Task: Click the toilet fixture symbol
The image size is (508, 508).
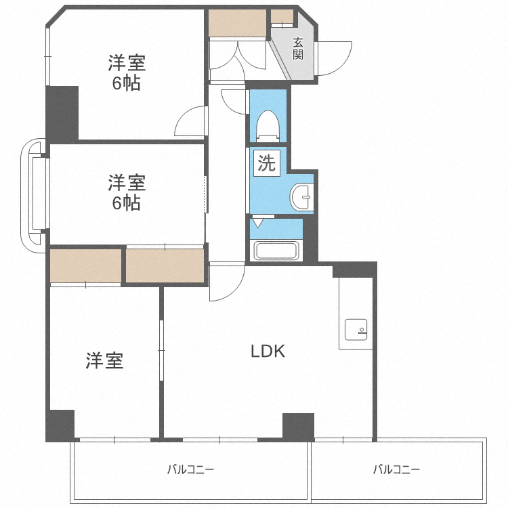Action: point(268,126)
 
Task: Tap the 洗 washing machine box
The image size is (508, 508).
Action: point(267,163)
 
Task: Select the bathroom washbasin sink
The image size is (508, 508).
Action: point(302,196)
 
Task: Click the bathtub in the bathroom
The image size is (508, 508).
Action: point(276,251)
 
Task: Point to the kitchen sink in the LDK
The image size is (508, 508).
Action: point(356,330)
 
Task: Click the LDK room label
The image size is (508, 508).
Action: point(268,351)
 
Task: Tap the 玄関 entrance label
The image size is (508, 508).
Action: point(298,49)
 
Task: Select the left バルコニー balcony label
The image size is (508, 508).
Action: point(190,469)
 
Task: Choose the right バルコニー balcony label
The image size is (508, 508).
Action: point(396,469)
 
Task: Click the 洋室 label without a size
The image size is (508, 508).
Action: point(104,360)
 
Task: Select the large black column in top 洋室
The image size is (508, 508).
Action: point(62,114)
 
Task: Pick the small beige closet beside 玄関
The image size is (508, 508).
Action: point(282,16)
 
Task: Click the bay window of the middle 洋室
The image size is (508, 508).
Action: point(34,195)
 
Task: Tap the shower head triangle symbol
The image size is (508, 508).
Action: point(257,223)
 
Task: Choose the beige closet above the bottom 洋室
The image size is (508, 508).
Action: point(85,266)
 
